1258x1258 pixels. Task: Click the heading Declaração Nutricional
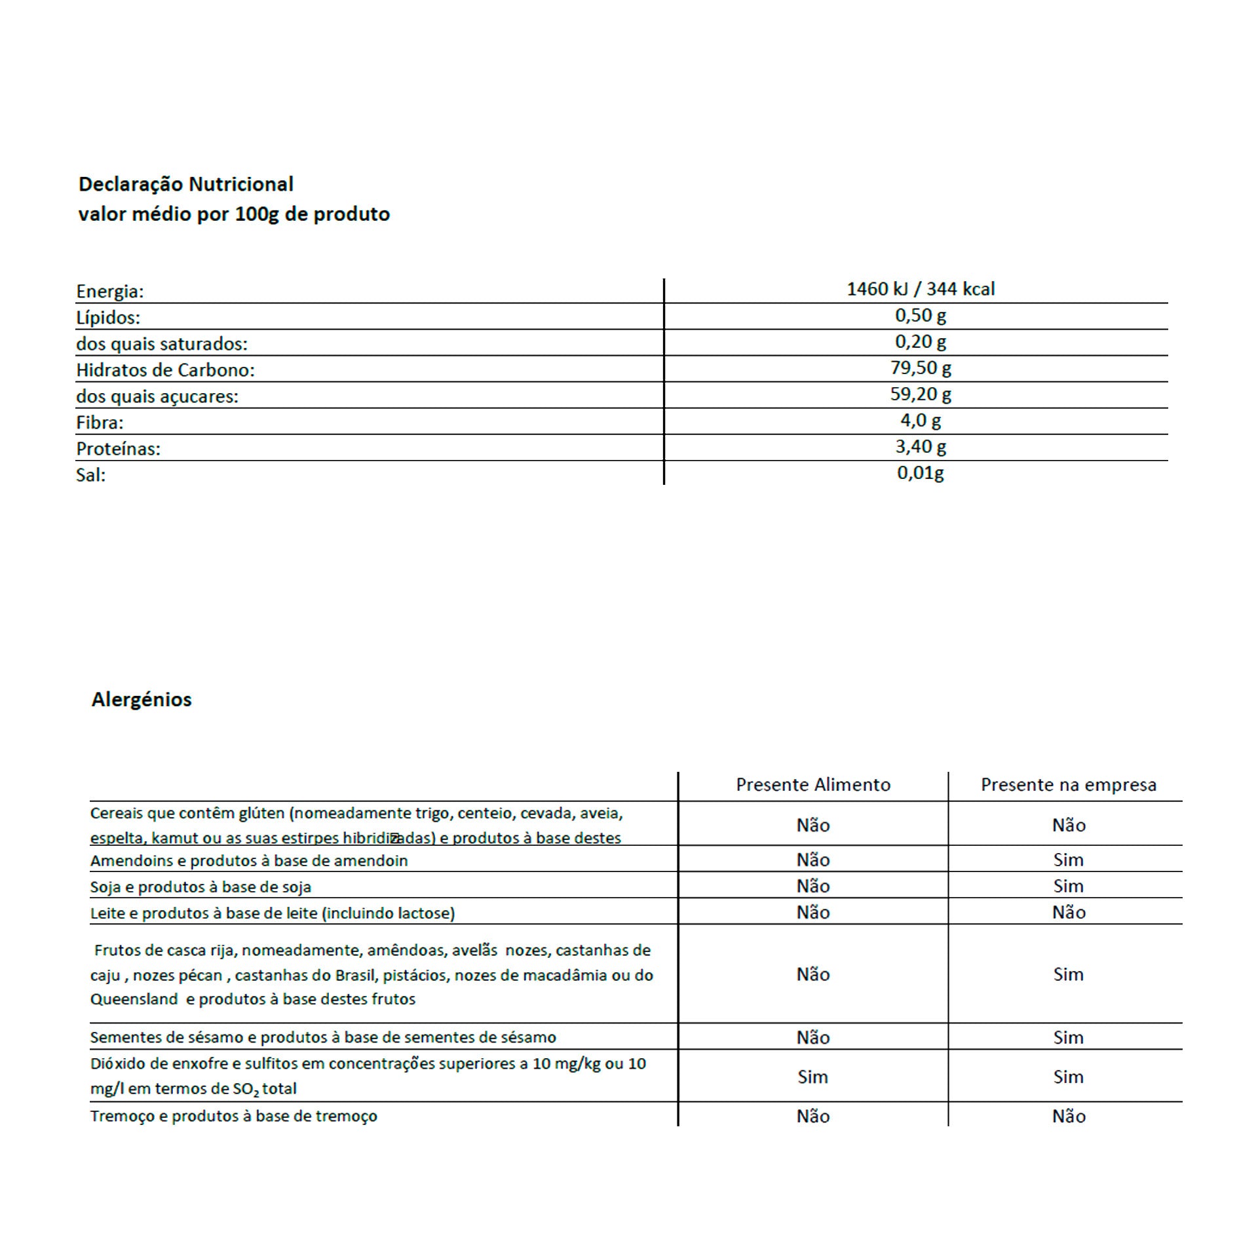(x=186, y=184)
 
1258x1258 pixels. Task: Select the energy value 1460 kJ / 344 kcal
(x=921, y=289)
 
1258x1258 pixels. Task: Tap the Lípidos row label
(x=108, y=318)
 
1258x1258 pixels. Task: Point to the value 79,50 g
(x=921, y=368)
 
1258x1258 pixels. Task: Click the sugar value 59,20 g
(x=921, y=394)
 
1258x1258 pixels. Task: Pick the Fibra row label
(x=100, y=423)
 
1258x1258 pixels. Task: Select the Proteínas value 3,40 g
(x=921, y=446)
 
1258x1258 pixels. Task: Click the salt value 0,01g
(x=921, y=472)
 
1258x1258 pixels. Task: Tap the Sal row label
(x=90, y=475)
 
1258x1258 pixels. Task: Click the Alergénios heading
(x=142, y=700)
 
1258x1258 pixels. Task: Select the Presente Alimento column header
(x=813, y=785)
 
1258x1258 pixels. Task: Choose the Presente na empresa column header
(x=1068, y=785)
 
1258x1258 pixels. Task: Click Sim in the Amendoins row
(x=1068, y=860)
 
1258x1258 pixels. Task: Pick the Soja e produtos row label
(x=200, y=887)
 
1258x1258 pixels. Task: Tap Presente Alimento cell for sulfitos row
(x=812, y=1077)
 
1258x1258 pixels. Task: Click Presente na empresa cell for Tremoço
(x=1069, y=1116)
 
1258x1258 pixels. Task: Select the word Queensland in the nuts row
(x=134, y=999)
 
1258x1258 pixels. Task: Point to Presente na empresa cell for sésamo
(x=1068, y=1037)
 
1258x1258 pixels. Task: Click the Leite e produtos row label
(x=272, y=913)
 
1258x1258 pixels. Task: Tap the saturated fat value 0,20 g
(x=921, y=341)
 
